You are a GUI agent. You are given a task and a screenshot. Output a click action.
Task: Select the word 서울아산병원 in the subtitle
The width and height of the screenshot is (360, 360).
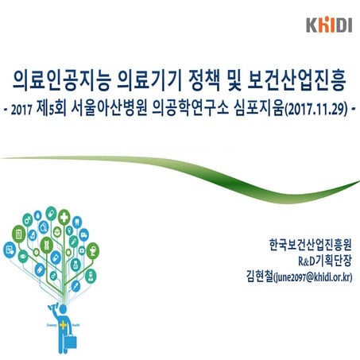(x=108, y=110)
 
